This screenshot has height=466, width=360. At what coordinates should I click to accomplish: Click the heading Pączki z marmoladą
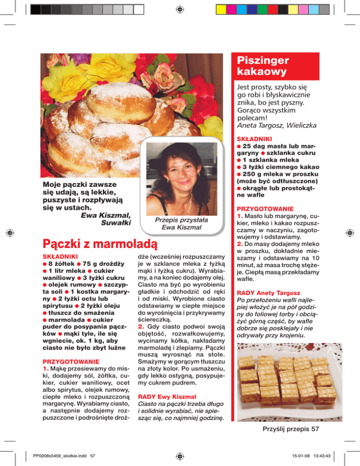(x=100, y=244)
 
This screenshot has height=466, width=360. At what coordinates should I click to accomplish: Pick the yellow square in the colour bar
(x=223, y=9)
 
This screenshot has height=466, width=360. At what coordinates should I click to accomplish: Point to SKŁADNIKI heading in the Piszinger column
(x=254, y=139)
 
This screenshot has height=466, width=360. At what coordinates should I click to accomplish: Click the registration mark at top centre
(x=180, y=9)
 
